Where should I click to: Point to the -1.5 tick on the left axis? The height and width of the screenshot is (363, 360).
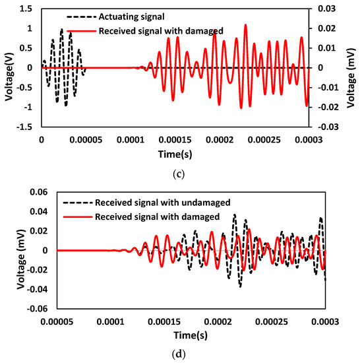(26, 126)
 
